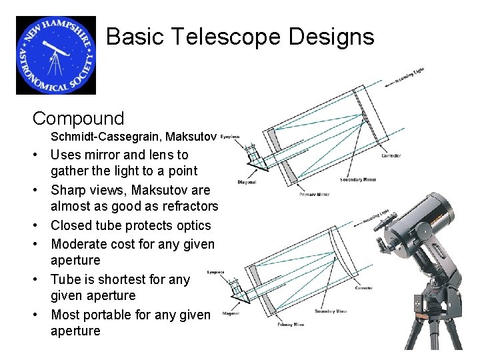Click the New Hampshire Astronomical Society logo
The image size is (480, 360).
click(x=56, y=55)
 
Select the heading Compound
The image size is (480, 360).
click(x=78, y=119)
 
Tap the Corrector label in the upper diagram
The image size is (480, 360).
click(x=391, y=155)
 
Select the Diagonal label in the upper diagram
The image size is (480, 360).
click(x=246, y=181)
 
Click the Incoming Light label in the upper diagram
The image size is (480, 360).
click(x=409, y=77)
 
